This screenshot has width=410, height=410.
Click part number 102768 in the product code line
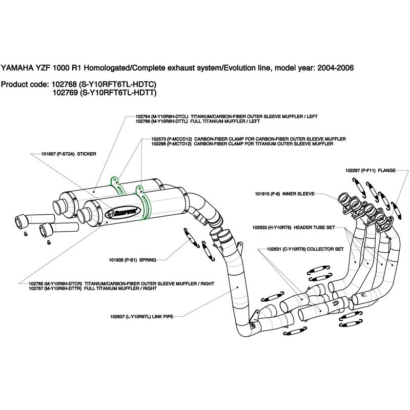[62, 84]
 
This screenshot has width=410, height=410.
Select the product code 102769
[62, 93]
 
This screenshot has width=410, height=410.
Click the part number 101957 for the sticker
[49, 153]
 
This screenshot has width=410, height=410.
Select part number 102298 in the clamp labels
[159, 144]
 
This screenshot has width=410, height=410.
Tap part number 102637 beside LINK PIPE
[118, 317]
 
